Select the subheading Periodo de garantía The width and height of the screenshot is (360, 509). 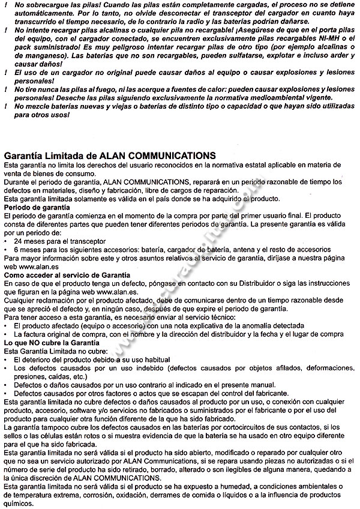pos(37,207)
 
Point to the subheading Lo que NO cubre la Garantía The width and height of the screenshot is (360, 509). pos(51,341)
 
